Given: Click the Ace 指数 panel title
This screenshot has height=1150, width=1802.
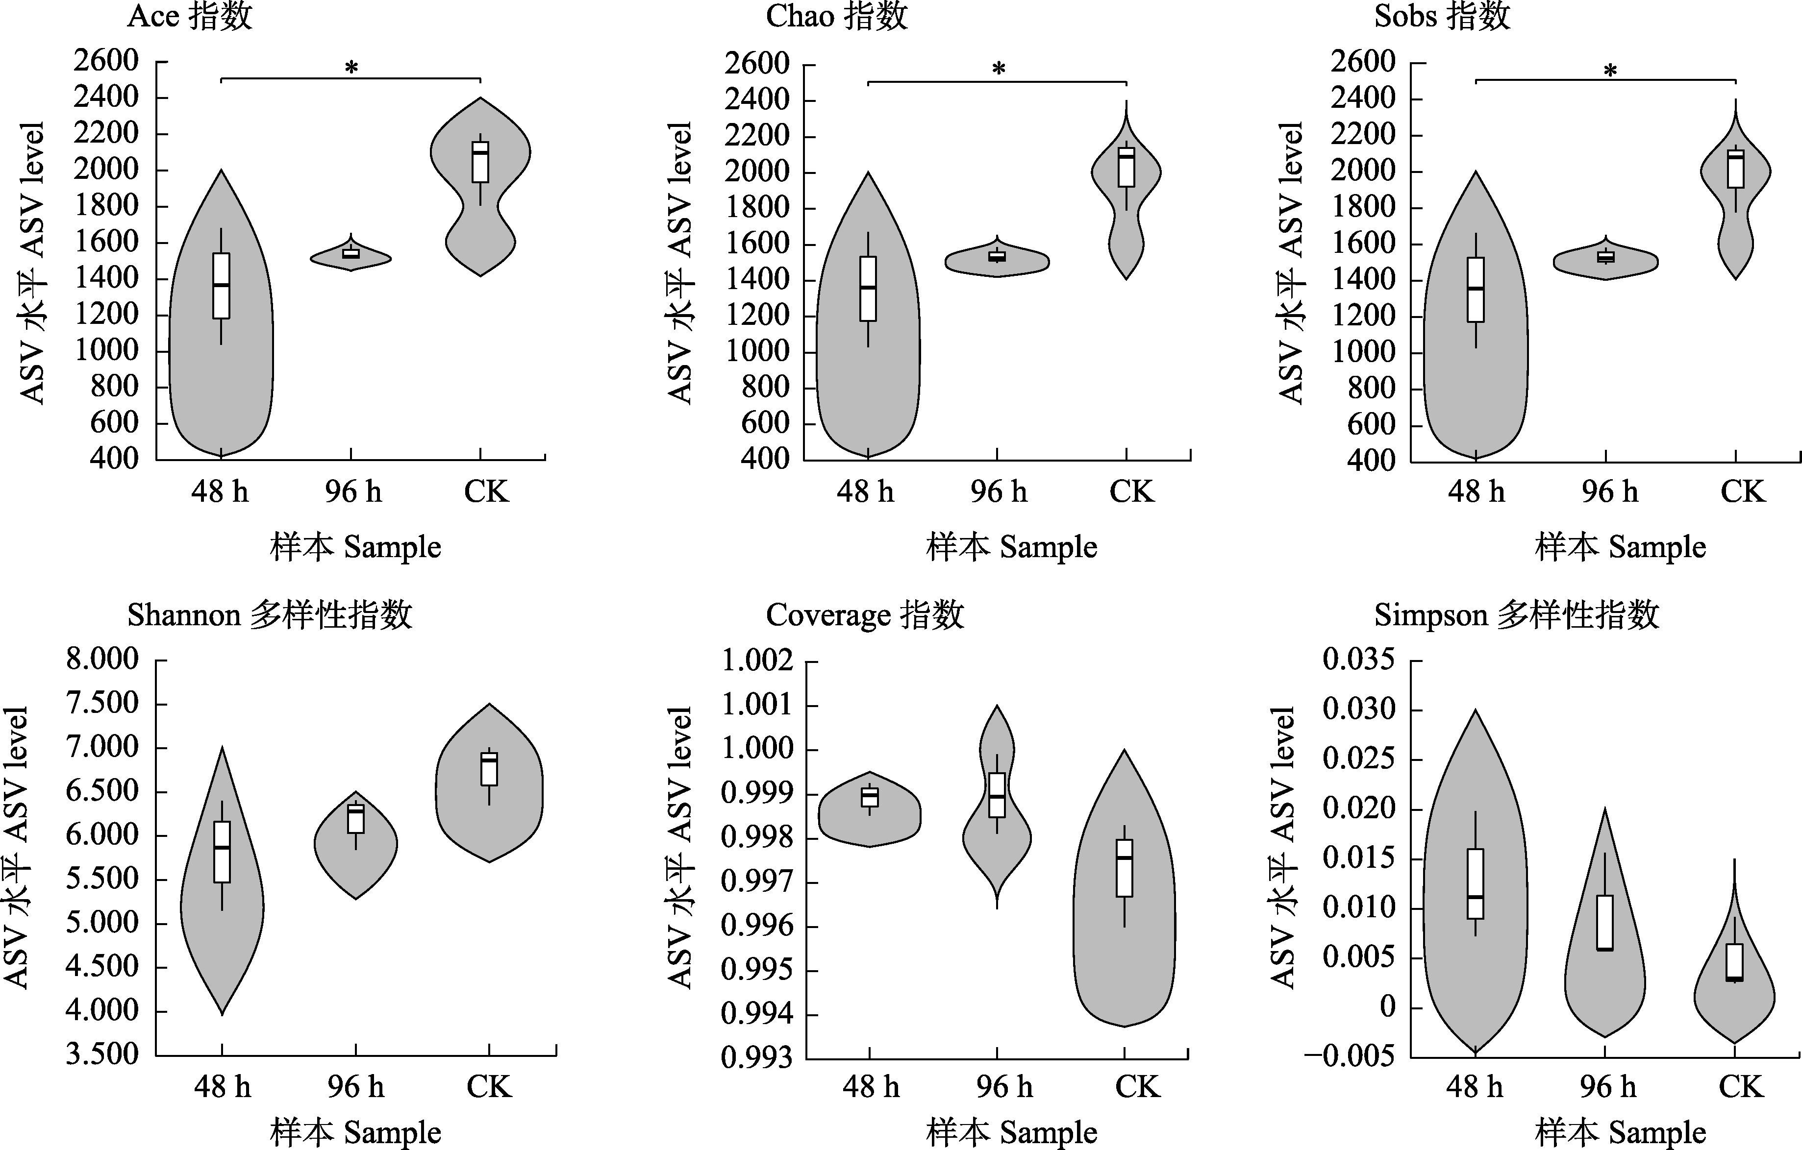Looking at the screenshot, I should [190, 17].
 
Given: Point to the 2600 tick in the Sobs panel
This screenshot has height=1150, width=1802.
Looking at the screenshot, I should [1363, 61].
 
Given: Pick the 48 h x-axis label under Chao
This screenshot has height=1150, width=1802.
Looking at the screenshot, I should [865, 491].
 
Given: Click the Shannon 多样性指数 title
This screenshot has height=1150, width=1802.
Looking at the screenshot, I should [270, 615].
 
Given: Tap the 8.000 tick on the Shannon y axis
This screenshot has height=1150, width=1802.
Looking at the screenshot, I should [102, 659].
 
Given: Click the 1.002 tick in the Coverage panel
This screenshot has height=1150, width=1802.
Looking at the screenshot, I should [756, 661].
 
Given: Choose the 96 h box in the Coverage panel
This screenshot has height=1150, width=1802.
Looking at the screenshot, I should [997, 795].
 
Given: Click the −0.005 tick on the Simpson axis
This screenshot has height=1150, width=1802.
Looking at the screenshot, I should [1349, 1056].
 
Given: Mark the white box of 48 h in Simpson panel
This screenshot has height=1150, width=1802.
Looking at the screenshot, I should [1475, 883].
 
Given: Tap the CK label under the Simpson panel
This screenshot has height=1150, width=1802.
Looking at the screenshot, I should [1741, 1086].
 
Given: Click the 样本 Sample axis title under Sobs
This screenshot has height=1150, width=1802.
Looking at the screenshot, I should [1620, 547].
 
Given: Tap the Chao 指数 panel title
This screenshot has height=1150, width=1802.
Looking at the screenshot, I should [837, 17].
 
